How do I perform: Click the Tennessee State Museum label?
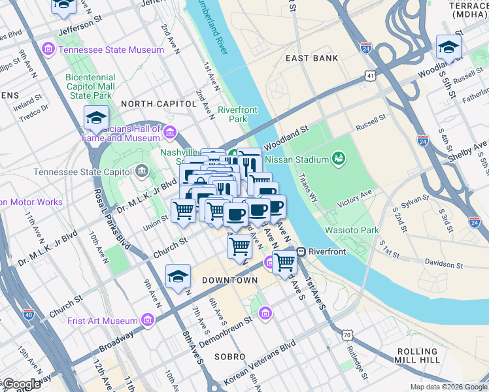pyautogui.click(x=110, y=50)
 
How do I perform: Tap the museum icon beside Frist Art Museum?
pyautogui.click(x=148, y=321)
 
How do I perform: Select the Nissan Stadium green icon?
pyautogui.click(x=338, y=159)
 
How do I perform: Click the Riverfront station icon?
pyautogui.click(x=301, y=252)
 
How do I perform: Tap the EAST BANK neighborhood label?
pyautogui.click(x=312, y=58)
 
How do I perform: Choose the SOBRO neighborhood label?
pyautogui.click(x=229, y=357)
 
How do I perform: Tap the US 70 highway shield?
pyautogui.click(x=346, y=335)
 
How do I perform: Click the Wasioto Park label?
pyautogui.click(x=352, y=231)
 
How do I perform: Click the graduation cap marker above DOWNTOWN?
pyautogui.click(x=178, y=277)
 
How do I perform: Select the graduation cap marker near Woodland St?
pyautogui.click(x=448, y=47)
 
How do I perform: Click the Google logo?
pyautogui.click(x=21, y=384)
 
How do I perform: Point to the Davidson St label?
pyautogui.click(x=441, y=266)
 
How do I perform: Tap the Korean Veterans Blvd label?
pyautogui.click(x=260, y=365)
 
